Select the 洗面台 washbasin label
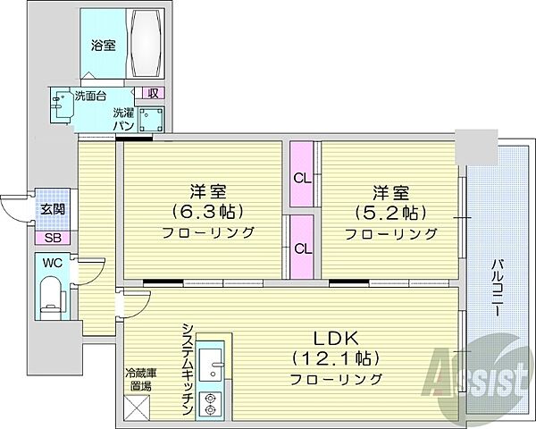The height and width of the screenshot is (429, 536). click(x=90, y=97)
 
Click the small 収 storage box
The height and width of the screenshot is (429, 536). click(x=153, y=93)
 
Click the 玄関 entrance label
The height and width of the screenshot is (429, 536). click(x=48, y=209)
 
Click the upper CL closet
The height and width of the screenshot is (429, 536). click(x=302, y=177)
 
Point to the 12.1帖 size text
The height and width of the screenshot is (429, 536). click(x=335, y=357)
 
